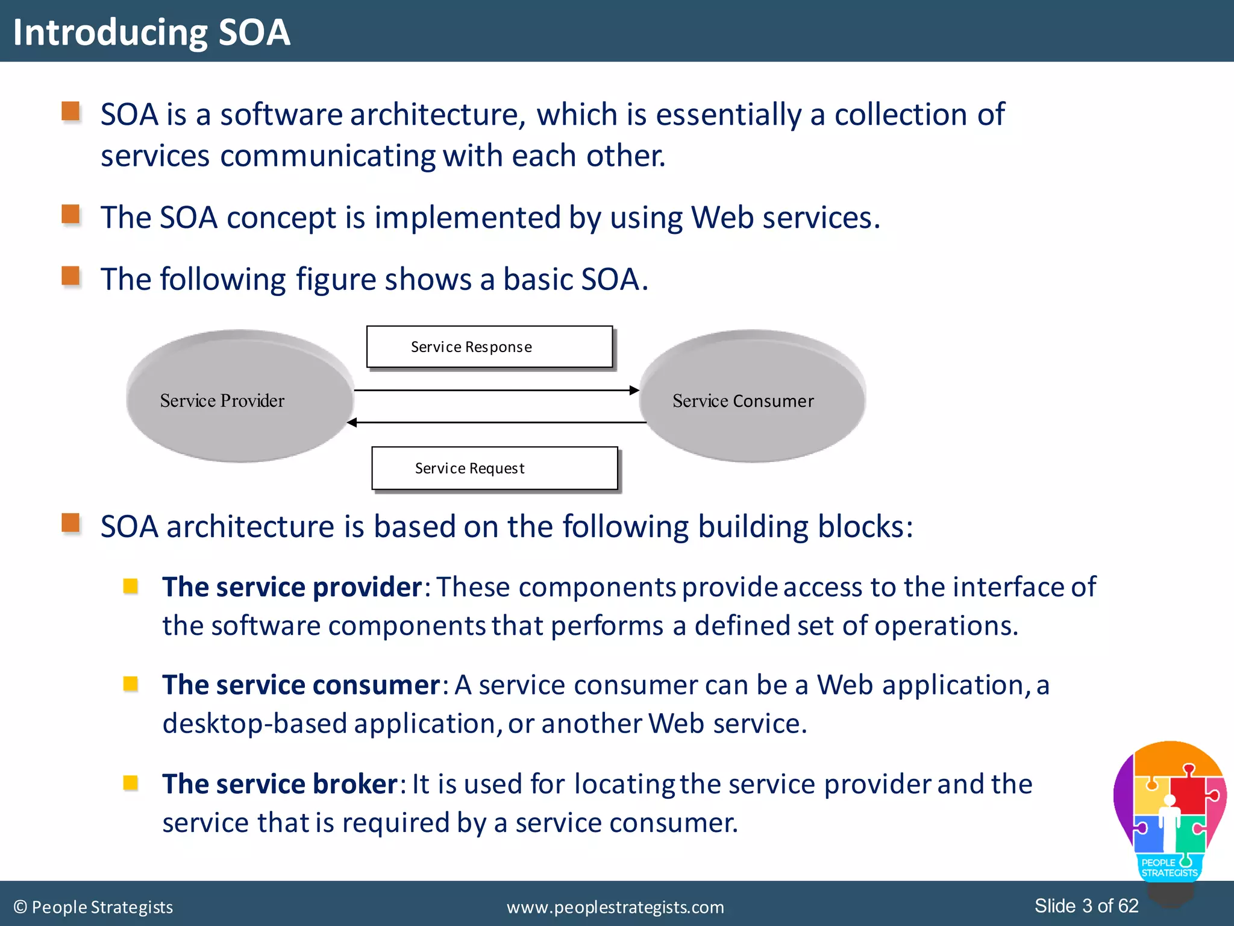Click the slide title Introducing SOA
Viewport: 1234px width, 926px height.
tap(152, 32)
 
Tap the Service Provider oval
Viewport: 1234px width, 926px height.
tap(240, 397)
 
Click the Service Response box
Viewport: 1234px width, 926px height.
tap(489, 347)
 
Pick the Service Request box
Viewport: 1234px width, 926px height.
tap(494, 468)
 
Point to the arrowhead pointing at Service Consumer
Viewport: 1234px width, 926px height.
tap(634, 390)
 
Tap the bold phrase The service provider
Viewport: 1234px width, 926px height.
tap(292, 587)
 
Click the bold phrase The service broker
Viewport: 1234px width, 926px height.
tap(280, 784)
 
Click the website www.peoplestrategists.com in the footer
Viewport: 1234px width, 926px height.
tap(615, 907)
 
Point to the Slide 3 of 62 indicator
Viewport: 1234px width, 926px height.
tap(1086, 906)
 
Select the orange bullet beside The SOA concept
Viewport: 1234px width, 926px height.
tap(71, 215)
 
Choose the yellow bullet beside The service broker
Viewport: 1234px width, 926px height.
tap(131, 783)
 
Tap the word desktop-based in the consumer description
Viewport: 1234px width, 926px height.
tap(254, 724)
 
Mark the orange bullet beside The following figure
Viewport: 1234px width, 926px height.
tap(71, 276)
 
